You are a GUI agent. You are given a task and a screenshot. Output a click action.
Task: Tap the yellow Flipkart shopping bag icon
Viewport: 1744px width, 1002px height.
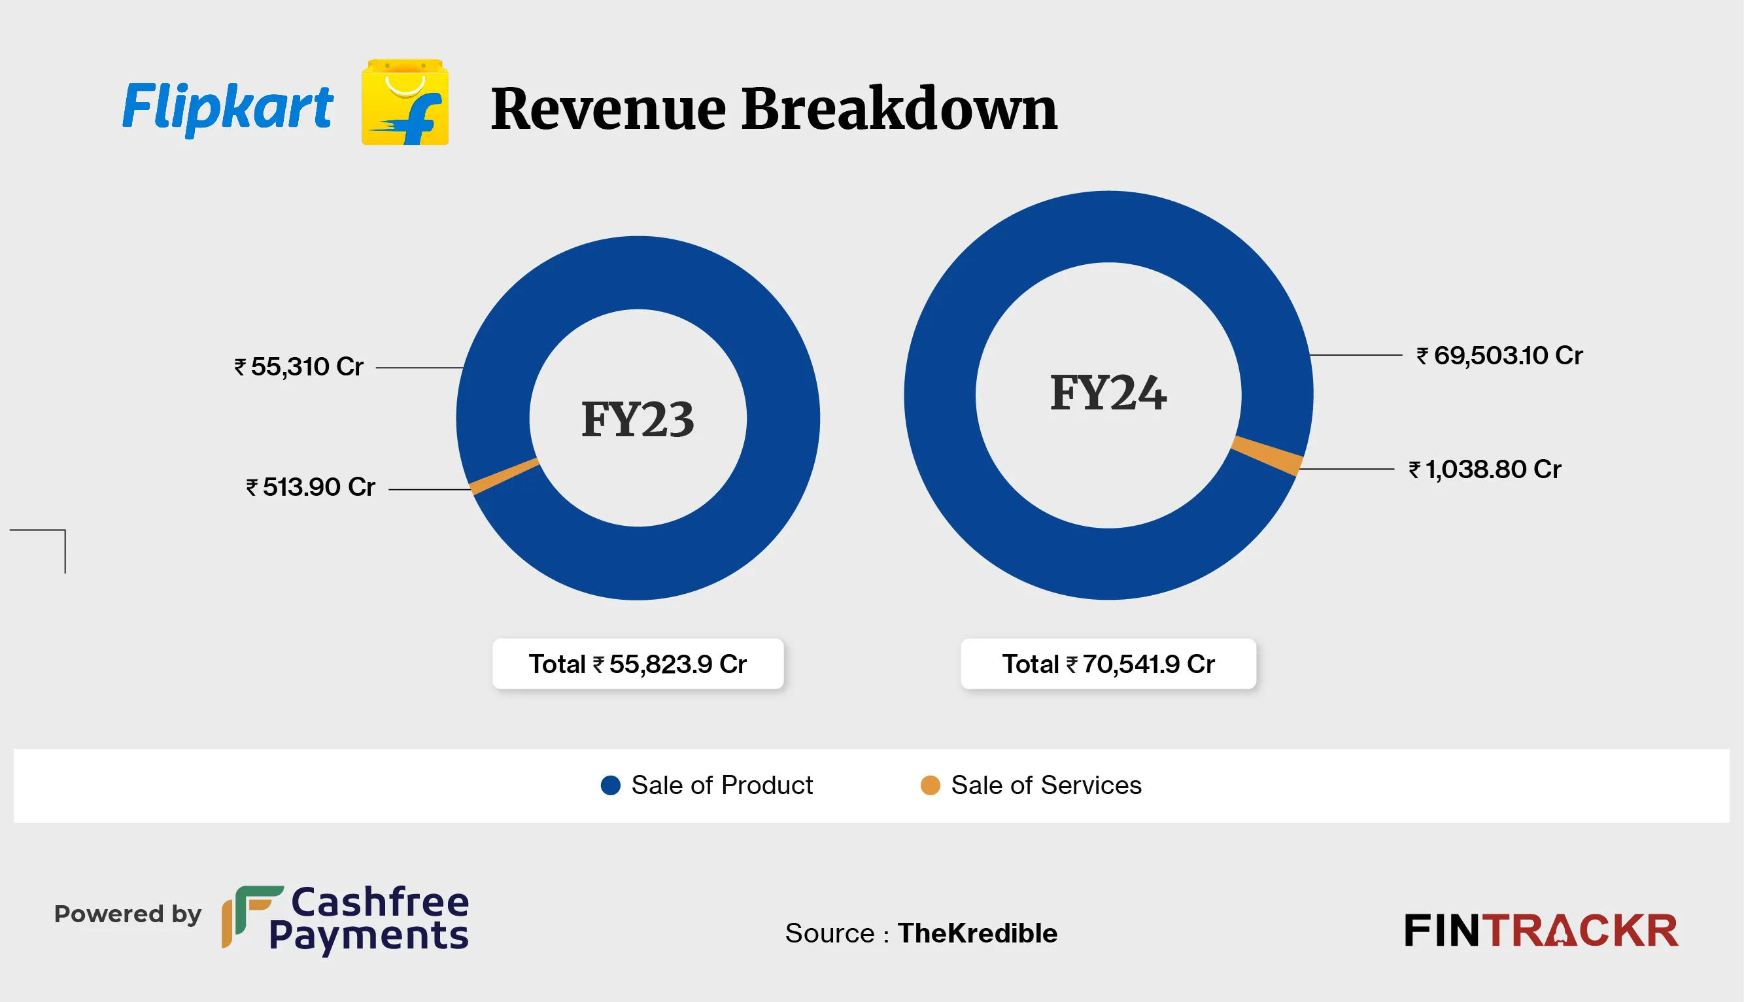[405, 103]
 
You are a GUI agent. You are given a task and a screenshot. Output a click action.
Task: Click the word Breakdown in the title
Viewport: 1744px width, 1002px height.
[898, 109]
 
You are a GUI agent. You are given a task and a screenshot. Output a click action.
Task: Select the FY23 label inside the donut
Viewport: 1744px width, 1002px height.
[638, 419]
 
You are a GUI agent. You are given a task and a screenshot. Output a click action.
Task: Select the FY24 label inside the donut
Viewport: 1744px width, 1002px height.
[1108, 393]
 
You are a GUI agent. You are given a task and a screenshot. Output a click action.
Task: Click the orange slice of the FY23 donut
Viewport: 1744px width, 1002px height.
[504, 475]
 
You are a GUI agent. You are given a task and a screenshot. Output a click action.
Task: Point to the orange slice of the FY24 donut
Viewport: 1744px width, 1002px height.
[1266, 455]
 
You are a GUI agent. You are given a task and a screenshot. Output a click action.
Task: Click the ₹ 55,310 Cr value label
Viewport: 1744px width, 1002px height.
[299, 367]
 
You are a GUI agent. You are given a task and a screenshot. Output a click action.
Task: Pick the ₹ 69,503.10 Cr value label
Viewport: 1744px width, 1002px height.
[1500, 356]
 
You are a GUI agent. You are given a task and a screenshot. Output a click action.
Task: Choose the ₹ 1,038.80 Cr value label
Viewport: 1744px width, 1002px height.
[1484, 470]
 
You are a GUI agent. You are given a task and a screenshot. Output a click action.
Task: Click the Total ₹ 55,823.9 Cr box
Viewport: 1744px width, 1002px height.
[638, 664]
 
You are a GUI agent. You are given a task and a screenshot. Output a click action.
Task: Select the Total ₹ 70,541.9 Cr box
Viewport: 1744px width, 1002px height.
[1108, 664]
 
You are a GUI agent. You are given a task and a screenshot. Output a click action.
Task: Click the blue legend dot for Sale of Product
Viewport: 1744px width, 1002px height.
[610, 786]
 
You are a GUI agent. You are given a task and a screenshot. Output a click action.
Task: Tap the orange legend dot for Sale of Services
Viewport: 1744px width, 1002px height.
[930, 786]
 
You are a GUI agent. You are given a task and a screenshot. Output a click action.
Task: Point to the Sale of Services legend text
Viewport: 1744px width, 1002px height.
[1046, 786]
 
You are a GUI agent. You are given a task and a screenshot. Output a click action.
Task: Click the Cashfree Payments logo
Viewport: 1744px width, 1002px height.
[345, 919]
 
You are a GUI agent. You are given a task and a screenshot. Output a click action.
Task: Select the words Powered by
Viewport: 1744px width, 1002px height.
[128, 914]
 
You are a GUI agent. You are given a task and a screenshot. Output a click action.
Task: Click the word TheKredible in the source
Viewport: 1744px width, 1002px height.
[977, 933]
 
